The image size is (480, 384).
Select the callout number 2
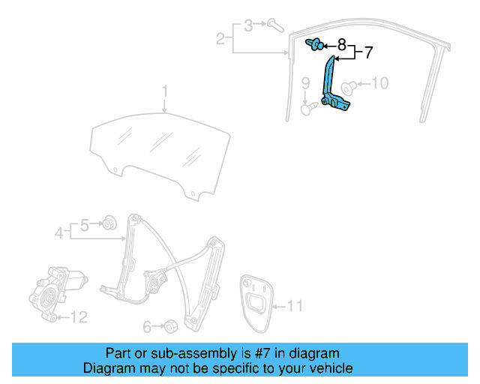(220, 38)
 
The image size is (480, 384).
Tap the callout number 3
(248, 25)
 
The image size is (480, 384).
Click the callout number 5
(85, 223)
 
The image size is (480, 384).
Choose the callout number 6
(148, 326)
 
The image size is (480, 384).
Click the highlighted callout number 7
(367, 53)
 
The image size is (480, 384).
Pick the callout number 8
(342, 44)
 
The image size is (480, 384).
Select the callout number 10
(380, 82)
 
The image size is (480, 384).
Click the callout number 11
(295, 306)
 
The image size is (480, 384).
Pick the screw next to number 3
(274, 25)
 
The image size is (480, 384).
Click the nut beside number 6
(170, 325)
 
